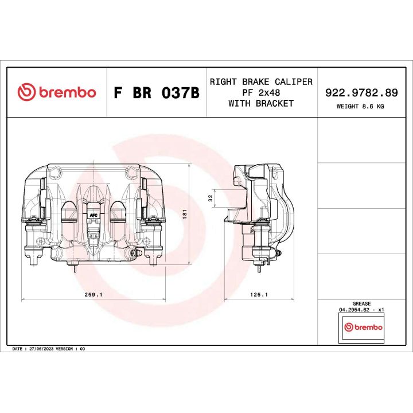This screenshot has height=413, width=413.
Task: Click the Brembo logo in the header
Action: click(56, 92)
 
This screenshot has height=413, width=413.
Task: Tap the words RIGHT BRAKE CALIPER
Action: click(261, 81)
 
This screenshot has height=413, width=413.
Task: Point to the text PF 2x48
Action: click(261, 92)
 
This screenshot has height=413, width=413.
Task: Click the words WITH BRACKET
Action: click(261, 103)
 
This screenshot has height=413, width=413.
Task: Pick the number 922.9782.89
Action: click(361, 92)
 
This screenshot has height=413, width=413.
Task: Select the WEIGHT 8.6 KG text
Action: click(361, 106)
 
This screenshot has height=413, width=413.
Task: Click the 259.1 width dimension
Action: click(93, 294)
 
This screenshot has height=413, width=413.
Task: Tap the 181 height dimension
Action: click(185, 213)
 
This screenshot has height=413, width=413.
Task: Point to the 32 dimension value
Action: click(211, 197)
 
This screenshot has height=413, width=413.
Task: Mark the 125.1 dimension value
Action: click(259, 294)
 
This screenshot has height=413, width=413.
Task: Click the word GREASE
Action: click(361, 303)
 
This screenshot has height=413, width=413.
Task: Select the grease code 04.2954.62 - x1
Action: click(361, 309)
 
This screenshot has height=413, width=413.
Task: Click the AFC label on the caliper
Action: click(92, 215)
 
